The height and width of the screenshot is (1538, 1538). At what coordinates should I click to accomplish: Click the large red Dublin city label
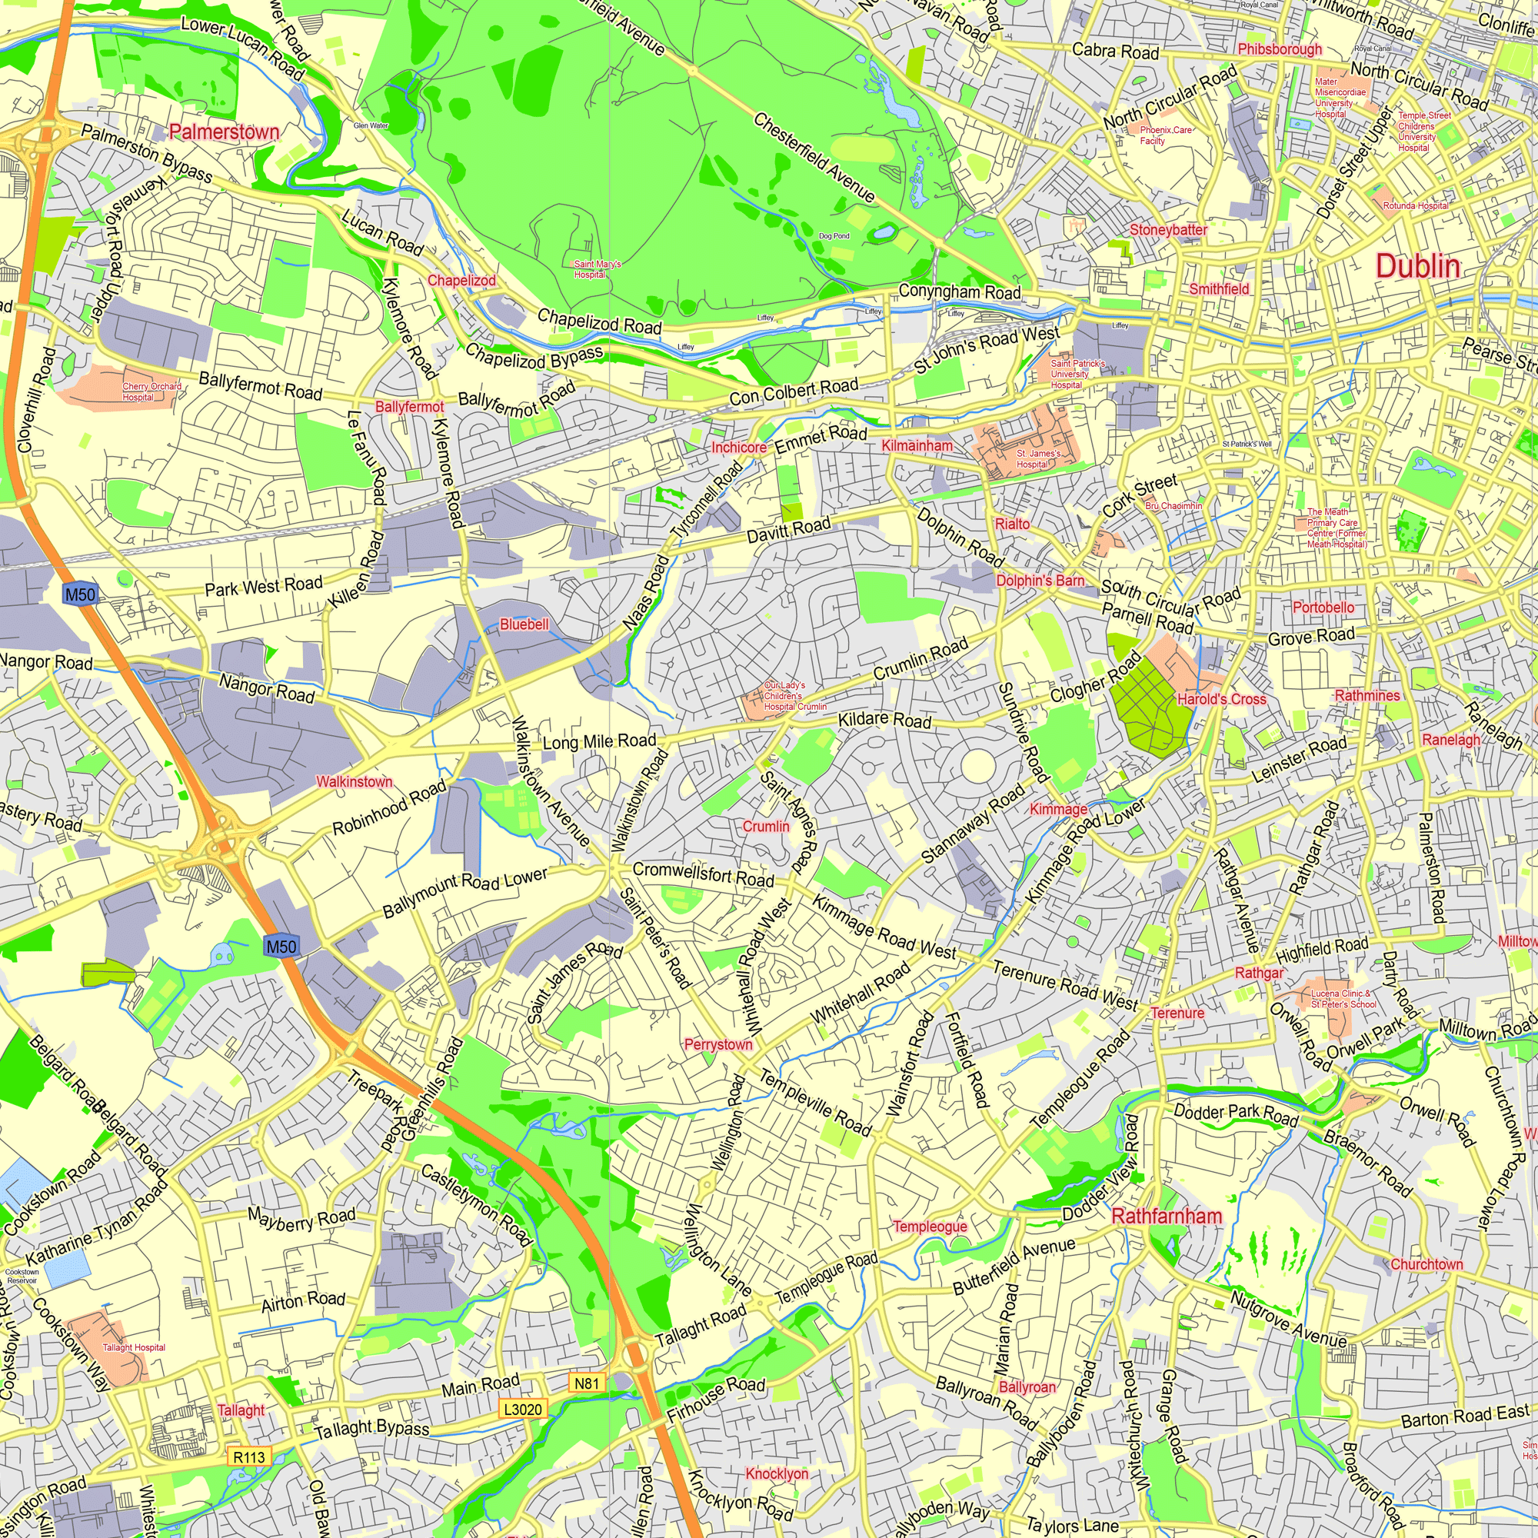pyautogui.click(x=1418, y=267)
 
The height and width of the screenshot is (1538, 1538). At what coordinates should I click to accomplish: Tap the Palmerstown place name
pyautogui.click(x=224, y=132)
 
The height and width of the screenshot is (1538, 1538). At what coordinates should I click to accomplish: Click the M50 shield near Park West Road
pyautogui.click(x=80, y=594)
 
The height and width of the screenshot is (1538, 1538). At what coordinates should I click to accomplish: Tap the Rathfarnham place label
pyautogui.click(x=1167, y=1216)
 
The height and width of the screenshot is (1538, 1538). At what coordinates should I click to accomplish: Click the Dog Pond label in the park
pyautogui.click(x=834, y=236)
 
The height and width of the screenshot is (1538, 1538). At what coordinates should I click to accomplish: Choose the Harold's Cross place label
pyautogui.click(x=1221, y=700)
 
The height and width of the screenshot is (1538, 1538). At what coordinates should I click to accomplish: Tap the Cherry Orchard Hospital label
pyautogui.click(x=151, y=391)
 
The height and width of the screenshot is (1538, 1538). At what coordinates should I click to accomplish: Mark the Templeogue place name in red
pyautogui.click(x=930, y=1226)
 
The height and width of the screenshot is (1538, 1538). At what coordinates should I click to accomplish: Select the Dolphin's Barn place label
pyautogui.click(x=1040, y=581)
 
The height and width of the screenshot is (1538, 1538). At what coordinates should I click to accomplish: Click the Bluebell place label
pyautogui.click(x=524, y=624)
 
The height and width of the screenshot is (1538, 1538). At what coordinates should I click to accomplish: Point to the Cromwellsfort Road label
pyautogui.click(x=703, y=874)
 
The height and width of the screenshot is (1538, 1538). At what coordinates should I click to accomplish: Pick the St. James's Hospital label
pyautogui.click(x=1038, y=458)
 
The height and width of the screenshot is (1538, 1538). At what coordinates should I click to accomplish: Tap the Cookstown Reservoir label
pyautogui.click(x=22, y=1275)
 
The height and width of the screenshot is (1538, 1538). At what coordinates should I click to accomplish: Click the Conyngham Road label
pyautogui.click(x=959, y=292)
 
